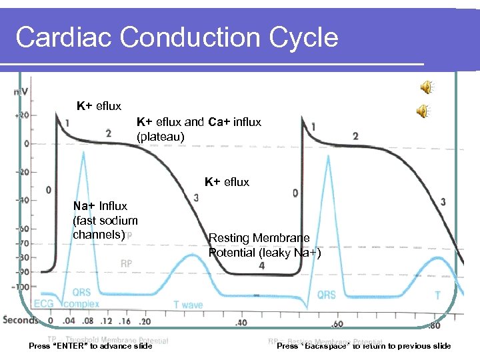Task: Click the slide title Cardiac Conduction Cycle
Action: coord(177,37)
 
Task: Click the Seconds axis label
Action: coord(21,320)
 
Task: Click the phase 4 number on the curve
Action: coord(261,265)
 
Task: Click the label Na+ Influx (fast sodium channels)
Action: coord(105,220)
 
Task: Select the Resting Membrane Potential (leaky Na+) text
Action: coord(265,245)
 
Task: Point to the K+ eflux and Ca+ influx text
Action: coord(199,129)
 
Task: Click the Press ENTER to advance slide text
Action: coord(91,345)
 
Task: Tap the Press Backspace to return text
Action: coord(363,345)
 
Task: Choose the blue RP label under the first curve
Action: coord(126,264)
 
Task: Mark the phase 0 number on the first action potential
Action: coord(49,190)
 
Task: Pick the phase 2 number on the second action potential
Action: coord(355,136)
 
